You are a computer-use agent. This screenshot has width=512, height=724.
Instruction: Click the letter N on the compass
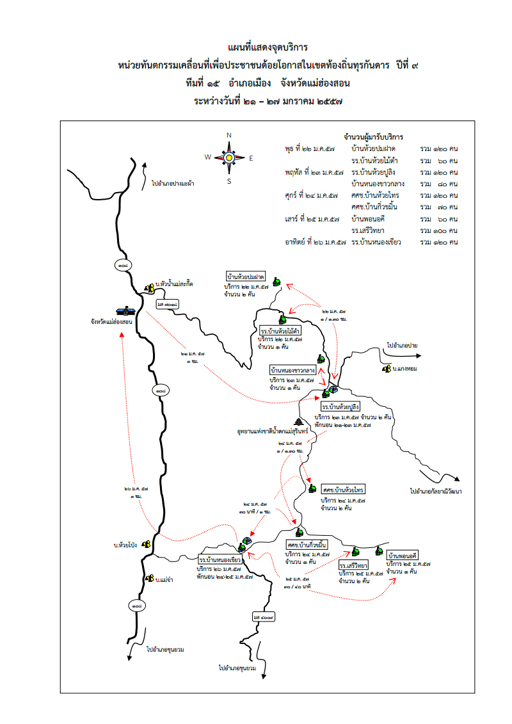228,135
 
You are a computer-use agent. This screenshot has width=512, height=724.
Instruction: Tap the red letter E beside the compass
251,157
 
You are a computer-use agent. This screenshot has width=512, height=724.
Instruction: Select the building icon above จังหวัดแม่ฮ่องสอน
125,310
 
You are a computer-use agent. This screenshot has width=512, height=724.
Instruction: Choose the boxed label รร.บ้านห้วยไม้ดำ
280,331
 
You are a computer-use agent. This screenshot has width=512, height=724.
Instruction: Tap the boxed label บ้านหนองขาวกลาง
292,370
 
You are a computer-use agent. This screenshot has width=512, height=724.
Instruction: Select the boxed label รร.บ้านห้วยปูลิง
340,407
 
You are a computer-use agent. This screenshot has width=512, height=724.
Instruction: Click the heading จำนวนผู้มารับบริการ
374,137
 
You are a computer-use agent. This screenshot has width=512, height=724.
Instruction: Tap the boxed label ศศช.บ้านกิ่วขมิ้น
307,545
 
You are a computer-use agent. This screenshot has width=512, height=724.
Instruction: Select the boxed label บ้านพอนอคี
402,555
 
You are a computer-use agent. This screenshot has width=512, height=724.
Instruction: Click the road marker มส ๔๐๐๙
263,617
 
